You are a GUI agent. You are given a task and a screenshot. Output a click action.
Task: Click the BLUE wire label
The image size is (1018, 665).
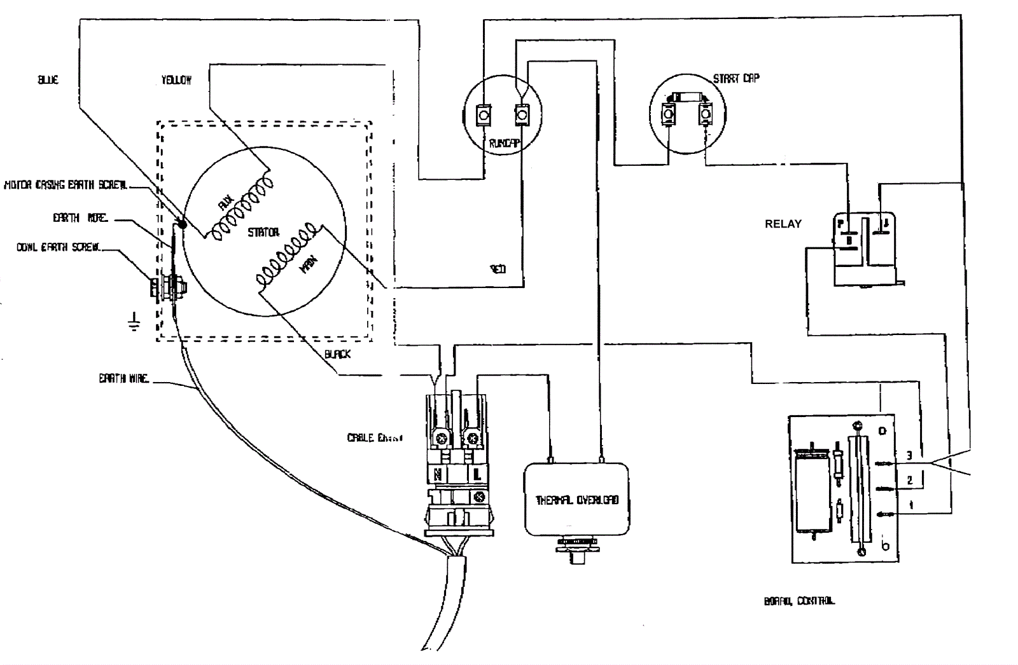point(48,79)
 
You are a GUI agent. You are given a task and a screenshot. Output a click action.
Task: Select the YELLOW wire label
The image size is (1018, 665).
point(176,79)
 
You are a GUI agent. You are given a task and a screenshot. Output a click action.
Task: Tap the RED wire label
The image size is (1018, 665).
point(498,269)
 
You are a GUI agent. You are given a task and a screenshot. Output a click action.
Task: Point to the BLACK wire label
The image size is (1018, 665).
point(337,354)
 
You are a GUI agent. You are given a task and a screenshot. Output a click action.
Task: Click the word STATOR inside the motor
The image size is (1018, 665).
point(263,233)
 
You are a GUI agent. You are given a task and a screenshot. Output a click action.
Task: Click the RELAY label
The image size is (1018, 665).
point(783,224)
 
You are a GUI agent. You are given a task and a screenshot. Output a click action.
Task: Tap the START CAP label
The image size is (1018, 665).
point(736,78)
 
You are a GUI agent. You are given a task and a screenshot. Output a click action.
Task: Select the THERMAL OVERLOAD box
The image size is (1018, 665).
point(576,500)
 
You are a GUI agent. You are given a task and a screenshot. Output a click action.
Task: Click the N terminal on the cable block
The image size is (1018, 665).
point(438,474)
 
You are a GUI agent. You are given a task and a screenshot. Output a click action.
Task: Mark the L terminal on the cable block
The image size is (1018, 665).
point(477,474)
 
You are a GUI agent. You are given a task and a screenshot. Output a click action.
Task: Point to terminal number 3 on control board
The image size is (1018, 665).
point(909,455)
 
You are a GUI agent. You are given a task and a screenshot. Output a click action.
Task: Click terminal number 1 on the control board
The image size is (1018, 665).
point(911,506)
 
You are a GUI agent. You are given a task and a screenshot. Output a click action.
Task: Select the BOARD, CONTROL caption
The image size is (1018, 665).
point(800,601)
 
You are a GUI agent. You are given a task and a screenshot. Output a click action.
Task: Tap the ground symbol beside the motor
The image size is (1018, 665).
point(134,322)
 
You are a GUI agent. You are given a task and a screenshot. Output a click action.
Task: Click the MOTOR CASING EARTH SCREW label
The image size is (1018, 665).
point(66,185)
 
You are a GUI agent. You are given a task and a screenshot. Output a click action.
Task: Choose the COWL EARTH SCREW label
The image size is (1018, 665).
point(59,247)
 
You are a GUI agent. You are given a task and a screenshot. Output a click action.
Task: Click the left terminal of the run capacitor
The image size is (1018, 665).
point(484,116)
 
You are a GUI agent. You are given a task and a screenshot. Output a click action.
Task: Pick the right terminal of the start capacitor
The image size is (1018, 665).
point(706,114)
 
